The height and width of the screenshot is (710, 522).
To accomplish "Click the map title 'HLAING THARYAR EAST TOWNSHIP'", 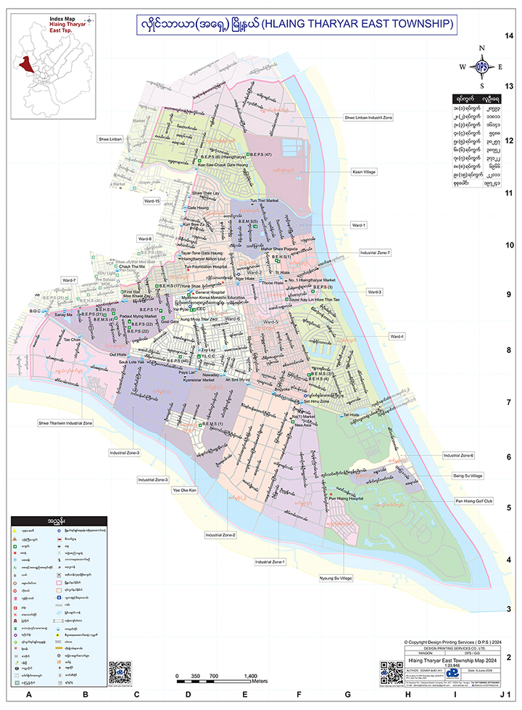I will point(357,24).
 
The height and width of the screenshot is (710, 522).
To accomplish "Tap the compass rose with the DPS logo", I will point(481,68).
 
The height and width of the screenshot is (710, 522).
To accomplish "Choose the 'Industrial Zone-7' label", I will point(375,253).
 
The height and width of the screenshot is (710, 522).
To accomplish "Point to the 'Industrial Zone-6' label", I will point(458,455).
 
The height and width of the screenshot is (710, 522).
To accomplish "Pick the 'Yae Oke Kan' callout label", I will point(184,491).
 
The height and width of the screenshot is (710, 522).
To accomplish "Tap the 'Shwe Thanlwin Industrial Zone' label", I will point(66,422).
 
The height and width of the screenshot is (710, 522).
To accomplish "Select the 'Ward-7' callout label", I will point(69,279).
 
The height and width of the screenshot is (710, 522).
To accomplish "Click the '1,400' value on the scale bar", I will point(240,676).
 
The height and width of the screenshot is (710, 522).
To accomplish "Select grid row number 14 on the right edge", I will point(510,36).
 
